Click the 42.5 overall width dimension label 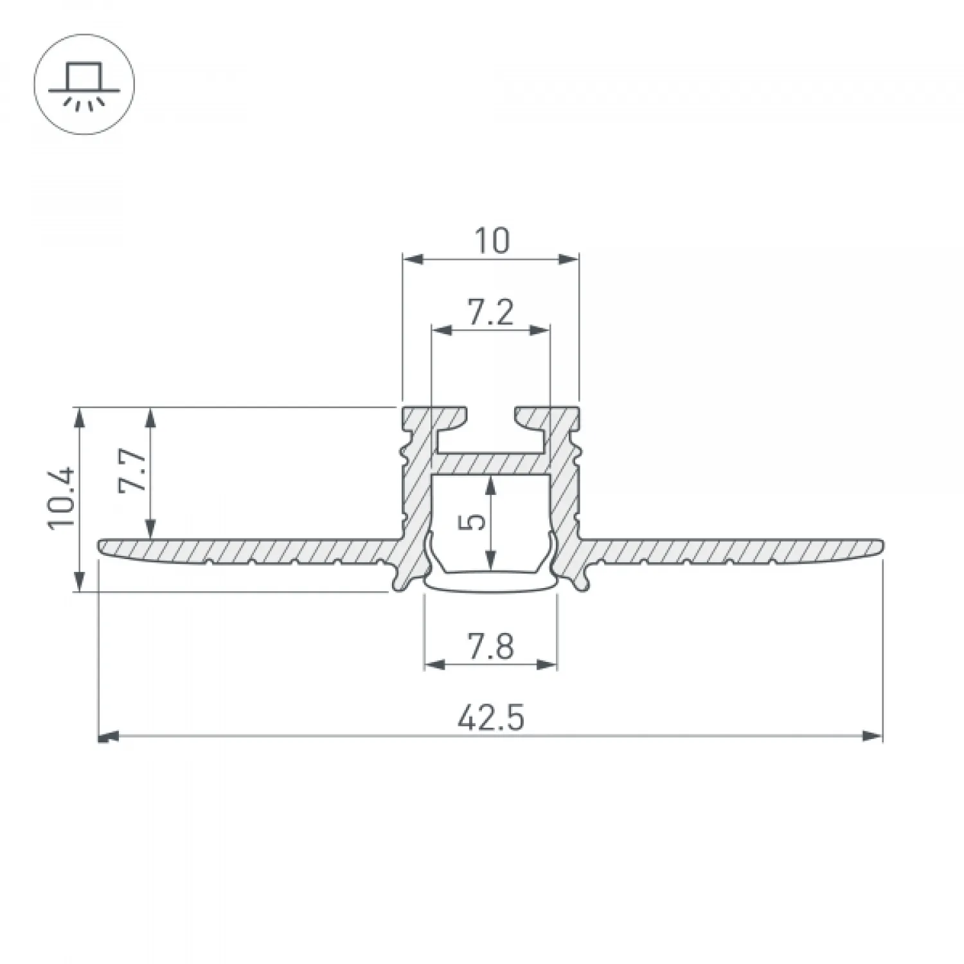coord(491,718)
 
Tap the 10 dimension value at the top coord(492,241)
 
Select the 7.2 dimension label coord(491,313)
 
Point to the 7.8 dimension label coord(490,647)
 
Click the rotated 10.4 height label coord(62,497)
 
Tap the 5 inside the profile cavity coord(474,522)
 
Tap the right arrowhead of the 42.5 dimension coord(873,736)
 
